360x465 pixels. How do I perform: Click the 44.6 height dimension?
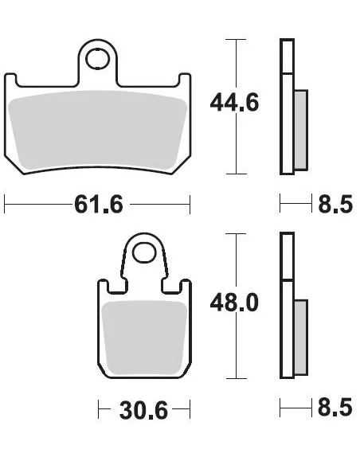234,102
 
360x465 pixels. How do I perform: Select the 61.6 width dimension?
99,205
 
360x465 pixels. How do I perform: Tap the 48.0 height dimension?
234,303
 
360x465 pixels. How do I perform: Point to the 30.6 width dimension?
143,410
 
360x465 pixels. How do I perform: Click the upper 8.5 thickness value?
335,204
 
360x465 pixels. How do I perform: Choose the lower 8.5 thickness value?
335,407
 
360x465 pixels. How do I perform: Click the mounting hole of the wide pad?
97,59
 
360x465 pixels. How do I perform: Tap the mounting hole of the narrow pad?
144,252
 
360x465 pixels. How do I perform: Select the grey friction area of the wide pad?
97,131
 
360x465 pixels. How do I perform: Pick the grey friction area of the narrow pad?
144,338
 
